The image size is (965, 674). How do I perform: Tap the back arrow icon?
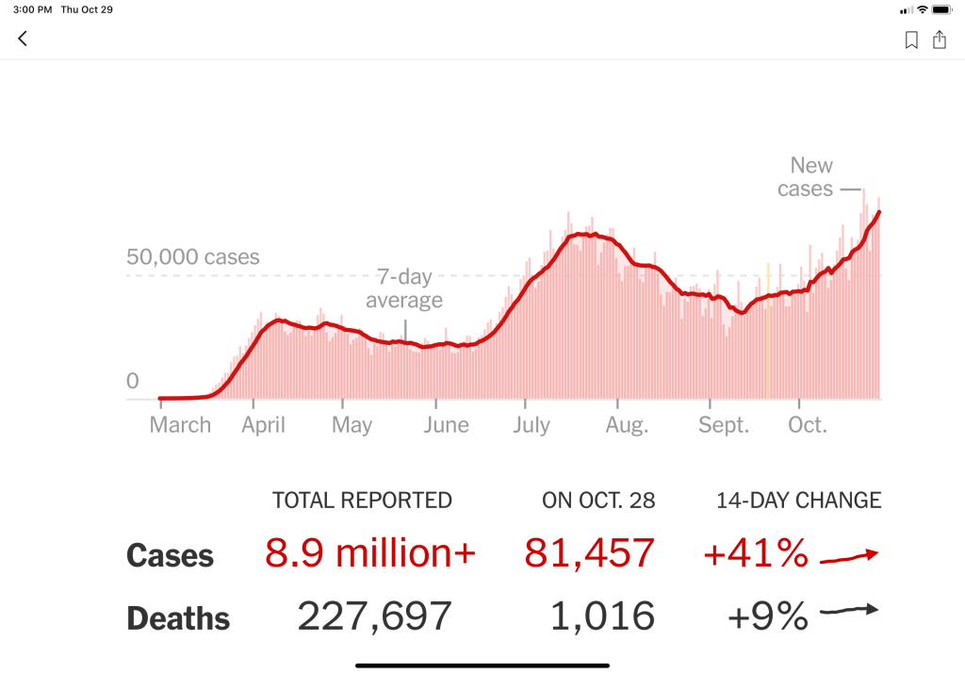pyautogui.click(x=23, y=39)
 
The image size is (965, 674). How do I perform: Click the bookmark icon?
pyautogui.click(x=911, y=40)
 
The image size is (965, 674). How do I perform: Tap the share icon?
pyautogui.click(x=940, y=40)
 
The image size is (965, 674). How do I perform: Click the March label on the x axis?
pyautogui.click(x=180, y=425)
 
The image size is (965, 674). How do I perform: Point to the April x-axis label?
pyautogui.click(x=263, y=425)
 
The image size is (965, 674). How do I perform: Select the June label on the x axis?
pyautogui.click(x=446, y=425)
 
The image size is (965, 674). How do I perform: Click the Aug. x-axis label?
pyautogui.click(x=627, y=425)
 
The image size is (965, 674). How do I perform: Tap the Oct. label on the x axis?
pyautogui.click(x=808, y=425)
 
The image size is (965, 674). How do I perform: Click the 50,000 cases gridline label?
pyautogui.click(x=192, y=257)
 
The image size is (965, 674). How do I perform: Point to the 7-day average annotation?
pyautogui.click(x=404, y=289)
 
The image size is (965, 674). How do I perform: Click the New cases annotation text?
pyautogui.click(x=806, y=177)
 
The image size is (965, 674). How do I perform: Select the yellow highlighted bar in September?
pyautogui.click(x=767, y=330)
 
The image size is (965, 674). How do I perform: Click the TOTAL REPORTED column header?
pyautogui.click(x=362, y=501)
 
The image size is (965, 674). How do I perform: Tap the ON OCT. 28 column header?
pyautogui.click(x=598, y=501)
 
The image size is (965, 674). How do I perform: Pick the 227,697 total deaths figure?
pyautogui.click(x=374, y=616)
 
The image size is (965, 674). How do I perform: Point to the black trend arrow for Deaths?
pyautogui.click(x=848, y=611)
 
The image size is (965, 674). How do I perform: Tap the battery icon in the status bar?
pyautogui.click(x=942, y=9)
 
